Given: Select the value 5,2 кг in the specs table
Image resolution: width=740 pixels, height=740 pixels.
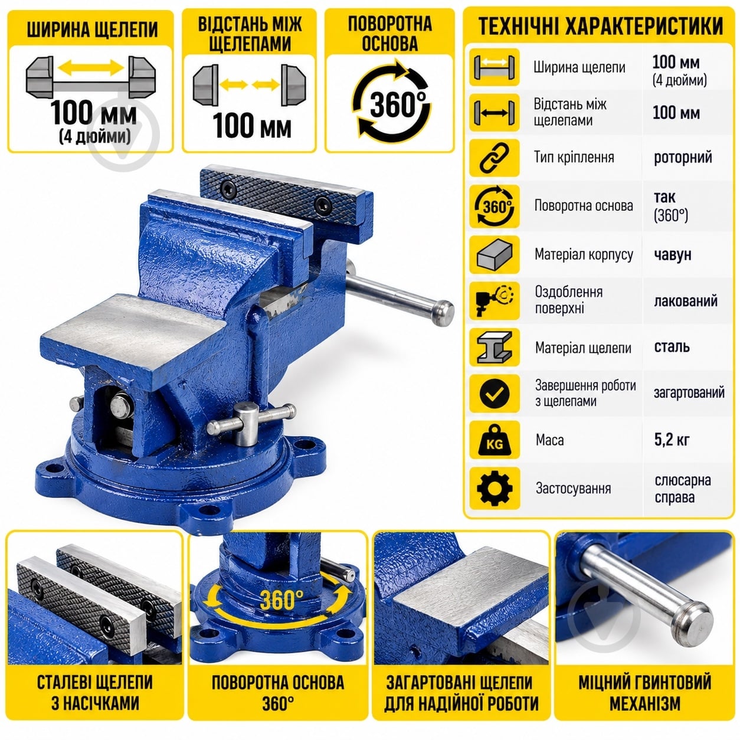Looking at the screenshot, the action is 672,440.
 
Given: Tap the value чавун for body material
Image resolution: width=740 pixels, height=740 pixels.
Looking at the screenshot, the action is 673,254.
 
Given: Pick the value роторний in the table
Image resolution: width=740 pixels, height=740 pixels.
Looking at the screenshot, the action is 683,157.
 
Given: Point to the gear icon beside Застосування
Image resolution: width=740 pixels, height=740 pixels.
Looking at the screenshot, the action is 495,488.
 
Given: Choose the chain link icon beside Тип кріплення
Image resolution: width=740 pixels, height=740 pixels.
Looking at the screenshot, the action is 495,158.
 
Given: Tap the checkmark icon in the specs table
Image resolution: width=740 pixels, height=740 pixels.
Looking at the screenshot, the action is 495,393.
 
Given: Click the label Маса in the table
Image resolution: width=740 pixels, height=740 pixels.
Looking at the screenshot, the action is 549,440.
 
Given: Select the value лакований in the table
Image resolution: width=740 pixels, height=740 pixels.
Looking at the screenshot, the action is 686,301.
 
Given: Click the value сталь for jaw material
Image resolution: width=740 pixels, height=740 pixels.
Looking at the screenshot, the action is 672,347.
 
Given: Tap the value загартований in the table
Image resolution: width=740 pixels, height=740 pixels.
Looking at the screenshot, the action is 689,392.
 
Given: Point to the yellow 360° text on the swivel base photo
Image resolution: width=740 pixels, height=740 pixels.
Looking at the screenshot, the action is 281,600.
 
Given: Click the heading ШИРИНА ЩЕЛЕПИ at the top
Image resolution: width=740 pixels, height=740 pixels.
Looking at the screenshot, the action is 92,30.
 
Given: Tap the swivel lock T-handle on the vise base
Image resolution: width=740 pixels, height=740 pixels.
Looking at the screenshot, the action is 251,423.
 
